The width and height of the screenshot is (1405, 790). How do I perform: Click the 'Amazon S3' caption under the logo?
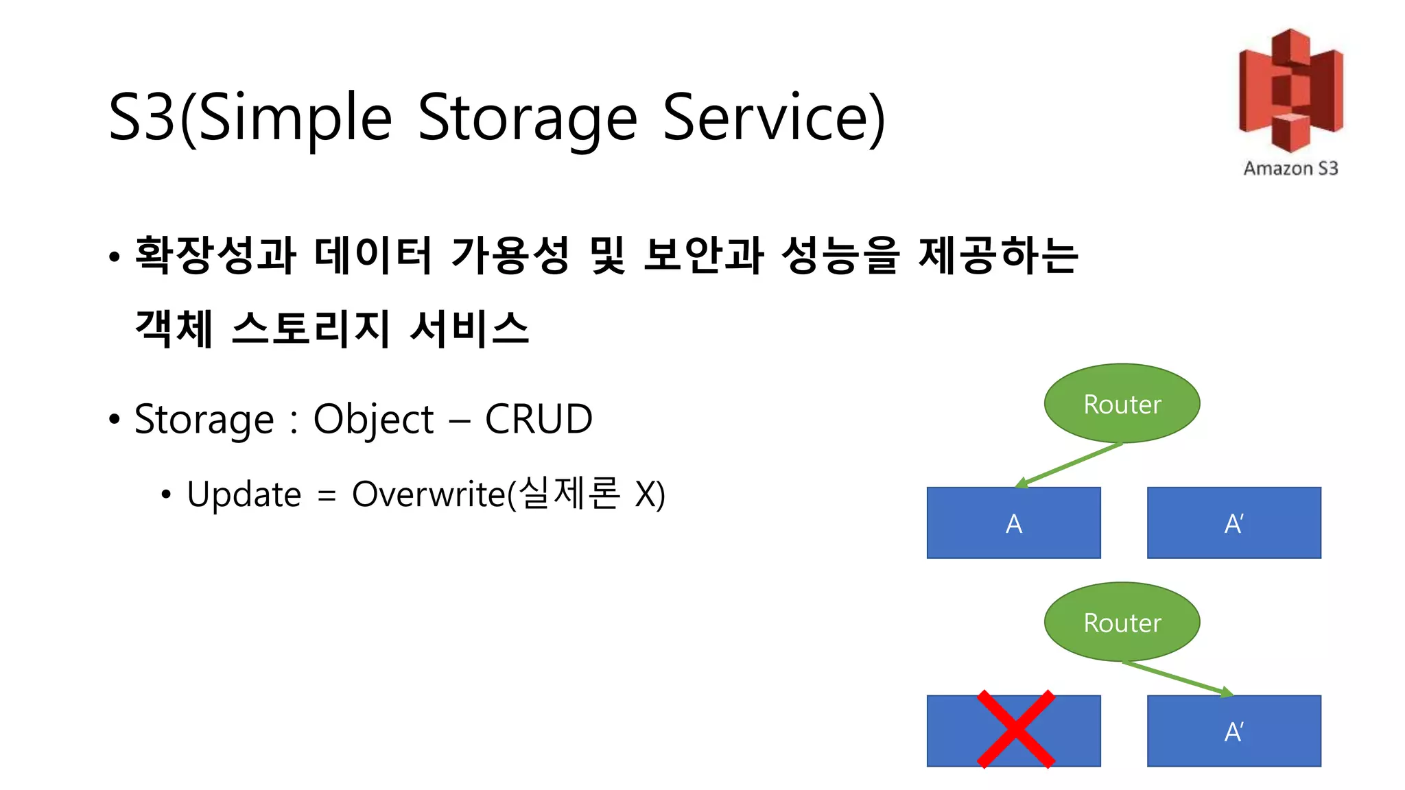(1290, 168)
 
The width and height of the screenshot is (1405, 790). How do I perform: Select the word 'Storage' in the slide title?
(527, 118)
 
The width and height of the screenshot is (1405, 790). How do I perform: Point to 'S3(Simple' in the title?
(250, 118)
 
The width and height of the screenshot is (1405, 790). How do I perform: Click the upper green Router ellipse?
(1122, 403)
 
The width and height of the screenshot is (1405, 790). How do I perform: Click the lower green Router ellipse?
(1122, 622)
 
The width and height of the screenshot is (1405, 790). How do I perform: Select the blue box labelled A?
(1013, 523)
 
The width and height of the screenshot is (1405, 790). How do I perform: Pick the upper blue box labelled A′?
(1233, 523)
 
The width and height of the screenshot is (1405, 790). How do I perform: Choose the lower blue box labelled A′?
(1233, 731)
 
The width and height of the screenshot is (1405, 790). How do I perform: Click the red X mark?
(1015, 729)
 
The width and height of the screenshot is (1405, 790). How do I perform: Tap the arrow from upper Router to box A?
(1070, 465)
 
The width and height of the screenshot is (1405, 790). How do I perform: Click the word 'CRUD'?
(539, 419)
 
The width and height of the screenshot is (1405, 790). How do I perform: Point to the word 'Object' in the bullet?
(373, 419)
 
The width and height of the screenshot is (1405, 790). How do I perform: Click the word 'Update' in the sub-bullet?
(244, 494)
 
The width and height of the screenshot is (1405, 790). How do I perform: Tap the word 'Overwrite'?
(429, 494)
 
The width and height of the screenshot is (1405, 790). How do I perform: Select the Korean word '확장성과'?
(215, 255)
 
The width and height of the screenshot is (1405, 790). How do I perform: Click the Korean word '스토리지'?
(311, 328)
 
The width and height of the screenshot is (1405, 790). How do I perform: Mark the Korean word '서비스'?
(469, 328)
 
